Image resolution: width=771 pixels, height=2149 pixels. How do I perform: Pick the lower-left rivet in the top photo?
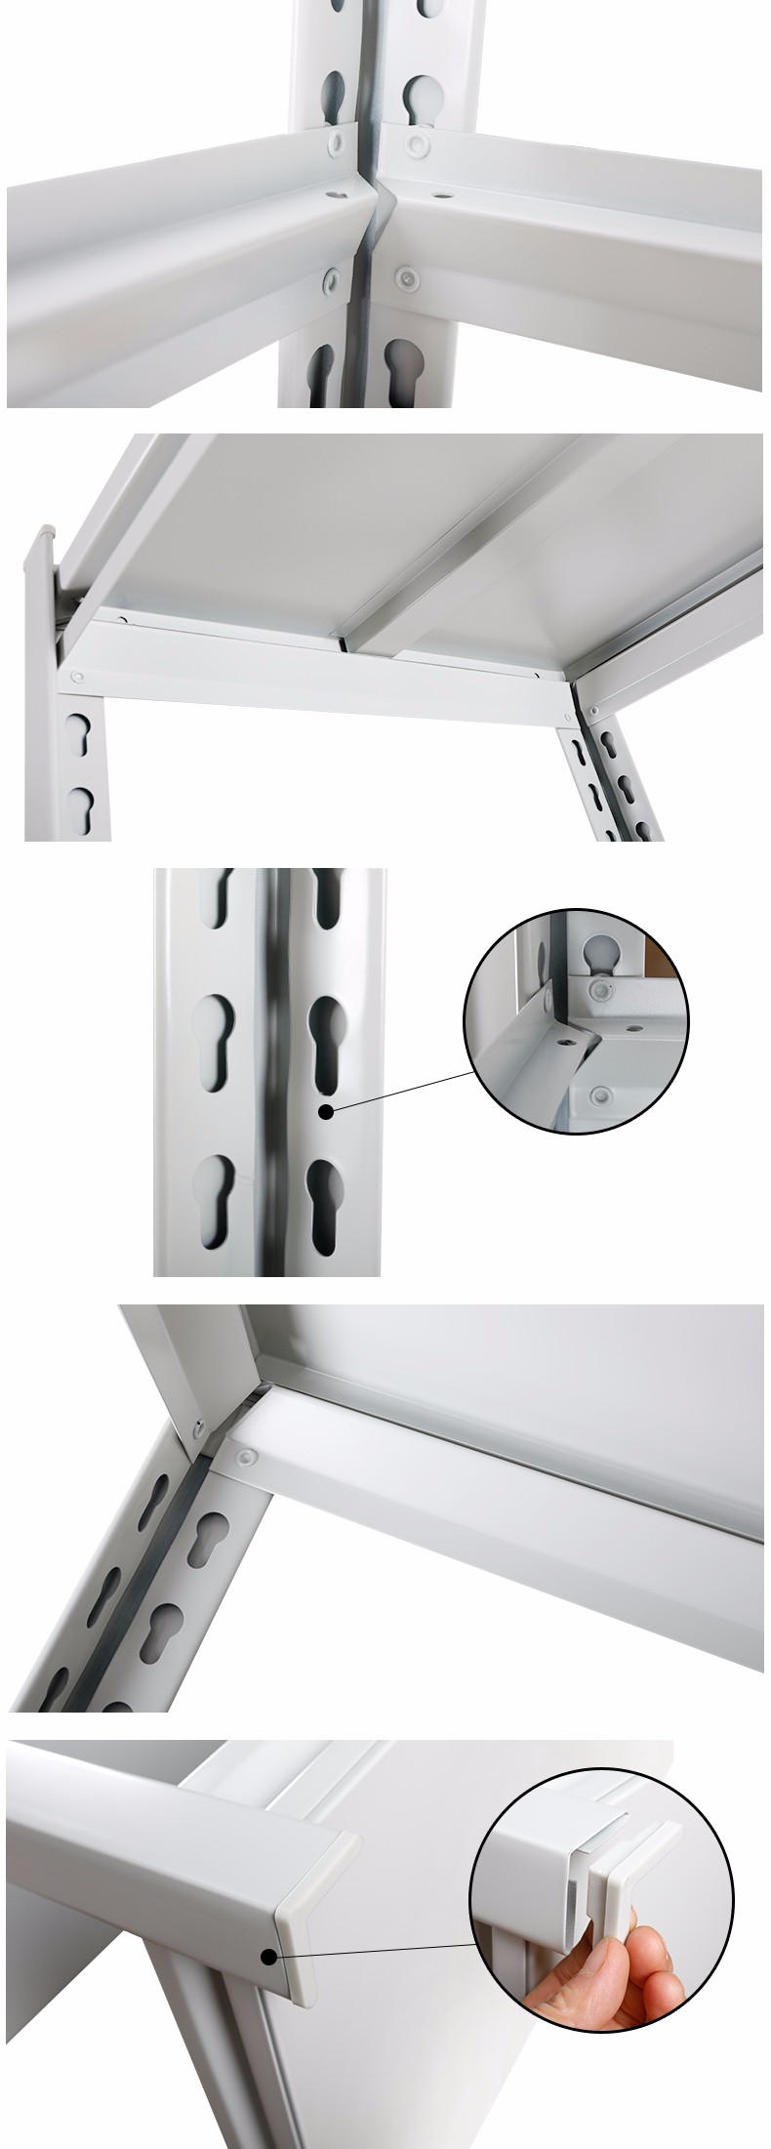329,280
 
